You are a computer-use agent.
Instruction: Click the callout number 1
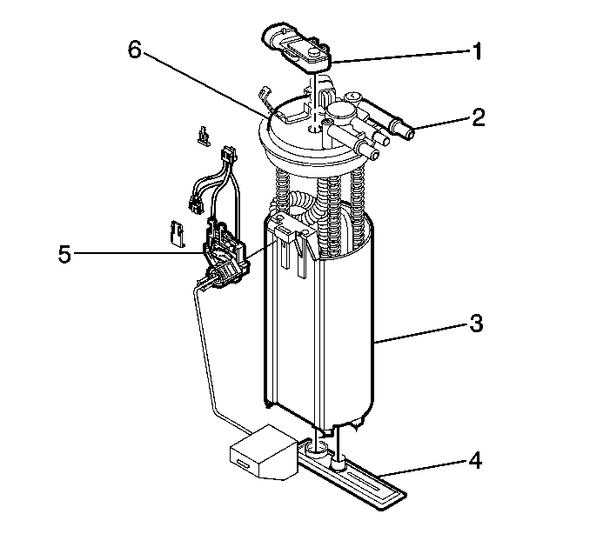tap(477, 51)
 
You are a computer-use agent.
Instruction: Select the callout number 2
tap(478, 117)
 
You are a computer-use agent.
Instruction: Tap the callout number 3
tap(476, 323)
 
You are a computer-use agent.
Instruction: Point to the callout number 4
tap(475, 460)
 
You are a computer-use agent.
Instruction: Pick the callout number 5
tap(64, 254)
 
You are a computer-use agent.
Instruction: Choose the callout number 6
tap(134, 50)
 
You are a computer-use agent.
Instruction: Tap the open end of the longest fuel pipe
tap(409, 132)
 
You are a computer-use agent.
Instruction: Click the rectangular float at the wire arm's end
tap(264, 452)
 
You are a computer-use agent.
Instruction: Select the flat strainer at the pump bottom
tap(353, 474)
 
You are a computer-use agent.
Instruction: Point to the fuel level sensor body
tap(225, 256)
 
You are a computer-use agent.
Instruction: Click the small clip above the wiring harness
tap(204, 136)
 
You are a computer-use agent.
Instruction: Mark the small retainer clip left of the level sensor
tap(178, 234)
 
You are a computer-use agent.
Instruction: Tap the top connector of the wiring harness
tap(229, 154)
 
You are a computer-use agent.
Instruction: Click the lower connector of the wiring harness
tap(195, 204)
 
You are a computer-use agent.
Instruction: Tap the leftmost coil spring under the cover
tap(283, 189)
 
